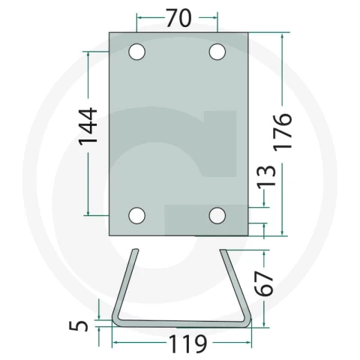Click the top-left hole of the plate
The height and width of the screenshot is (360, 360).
coord(136,52)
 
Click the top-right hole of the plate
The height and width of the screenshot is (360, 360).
coord(217,52)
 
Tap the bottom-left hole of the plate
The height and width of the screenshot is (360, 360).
coord(136,215)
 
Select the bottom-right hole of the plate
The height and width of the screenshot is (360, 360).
coord(217,215)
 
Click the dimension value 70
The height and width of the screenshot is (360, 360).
coord(179,18)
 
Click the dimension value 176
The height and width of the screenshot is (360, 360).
coord(283,132)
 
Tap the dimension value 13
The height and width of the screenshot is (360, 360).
coord(267,176)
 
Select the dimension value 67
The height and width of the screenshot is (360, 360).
coord(264,283)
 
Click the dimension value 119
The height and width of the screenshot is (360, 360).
coord(188,344)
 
